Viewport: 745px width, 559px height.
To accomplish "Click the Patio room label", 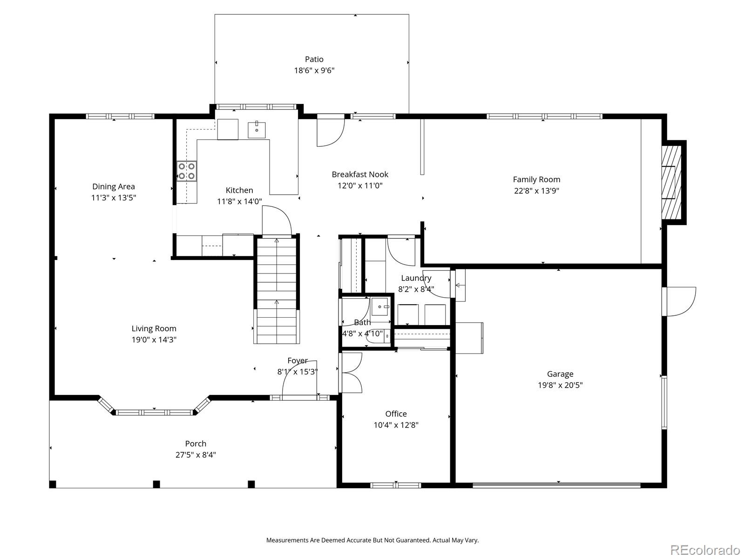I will [314, 59].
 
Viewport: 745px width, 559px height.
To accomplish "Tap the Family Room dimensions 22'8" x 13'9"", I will [536, 191].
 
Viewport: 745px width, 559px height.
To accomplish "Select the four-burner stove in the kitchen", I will [186, 170].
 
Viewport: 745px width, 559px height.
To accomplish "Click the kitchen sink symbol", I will [257, 129].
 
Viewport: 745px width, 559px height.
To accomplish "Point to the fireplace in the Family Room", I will [672, 182].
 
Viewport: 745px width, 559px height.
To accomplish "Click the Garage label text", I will [560, 374].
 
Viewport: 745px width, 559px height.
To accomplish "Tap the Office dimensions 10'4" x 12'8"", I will [396, 425].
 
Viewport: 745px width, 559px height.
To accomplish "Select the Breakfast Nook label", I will [359, 174].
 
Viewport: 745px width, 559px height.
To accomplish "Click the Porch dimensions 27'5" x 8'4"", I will [196, 455].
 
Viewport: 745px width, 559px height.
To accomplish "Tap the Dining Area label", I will [113, 186].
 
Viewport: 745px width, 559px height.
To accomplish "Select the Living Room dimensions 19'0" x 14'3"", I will [154, 340].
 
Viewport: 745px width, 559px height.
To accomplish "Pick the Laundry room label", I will [416, 278].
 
